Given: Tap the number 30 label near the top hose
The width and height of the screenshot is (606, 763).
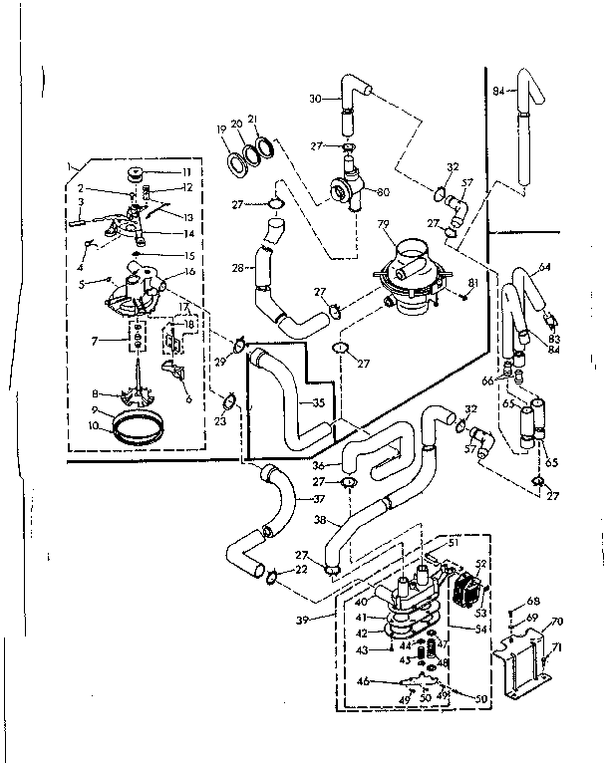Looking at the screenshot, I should pos(315,98).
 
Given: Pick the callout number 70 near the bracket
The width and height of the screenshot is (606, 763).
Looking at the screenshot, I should pos(557,622).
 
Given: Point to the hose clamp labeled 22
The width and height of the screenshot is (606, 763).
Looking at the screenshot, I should pos(270,574).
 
